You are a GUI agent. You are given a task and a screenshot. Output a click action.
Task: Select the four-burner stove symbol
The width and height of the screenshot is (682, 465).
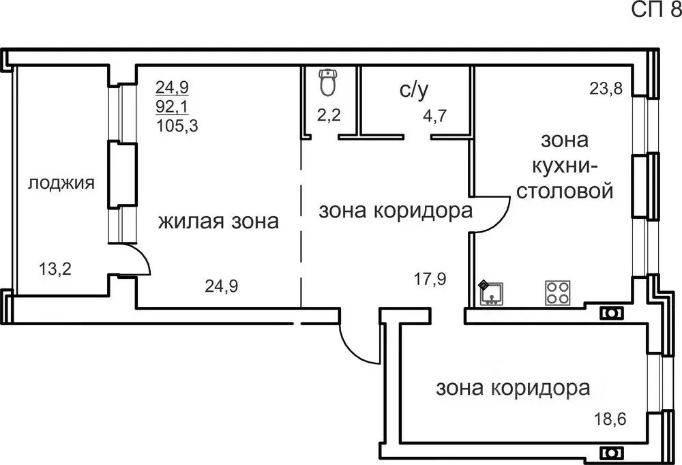[557, 293]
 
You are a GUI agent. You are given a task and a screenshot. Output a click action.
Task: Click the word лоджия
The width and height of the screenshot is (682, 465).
[61, 183]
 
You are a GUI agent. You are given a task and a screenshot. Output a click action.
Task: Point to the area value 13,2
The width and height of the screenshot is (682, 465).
[55, 268]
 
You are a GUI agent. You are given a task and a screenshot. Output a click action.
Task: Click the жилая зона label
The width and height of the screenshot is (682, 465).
[218, 221]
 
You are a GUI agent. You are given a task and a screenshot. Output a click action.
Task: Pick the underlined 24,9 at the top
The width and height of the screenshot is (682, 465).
[172, 87]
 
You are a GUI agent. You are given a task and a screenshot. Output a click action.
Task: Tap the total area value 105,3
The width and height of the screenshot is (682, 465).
[176, 125]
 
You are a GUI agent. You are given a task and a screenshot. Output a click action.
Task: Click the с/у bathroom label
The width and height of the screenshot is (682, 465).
[413, 90]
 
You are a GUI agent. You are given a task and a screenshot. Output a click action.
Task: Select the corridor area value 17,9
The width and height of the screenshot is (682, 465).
[430, 278]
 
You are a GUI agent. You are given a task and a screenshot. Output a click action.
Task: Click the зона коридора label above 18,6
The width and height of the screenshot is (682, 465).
[513, 389]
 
